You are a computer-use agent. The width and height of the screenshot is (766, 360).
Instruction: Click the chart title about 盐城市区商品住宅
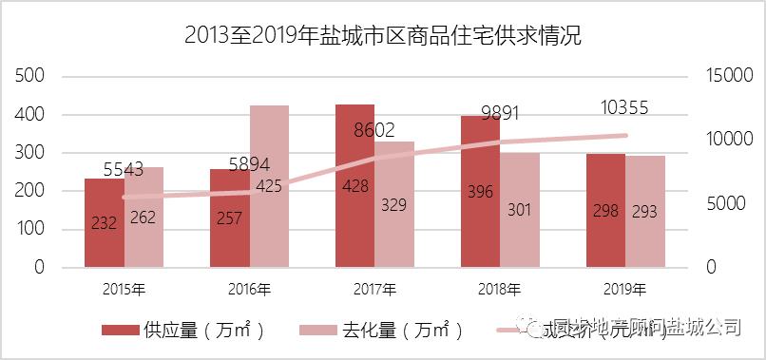point(382,37)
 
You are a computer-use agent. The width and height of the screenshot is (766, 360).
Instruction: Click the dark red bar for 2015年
point(104,223)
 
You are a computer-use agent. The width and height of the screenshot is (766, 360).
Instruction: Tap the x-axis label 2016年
point(249,288)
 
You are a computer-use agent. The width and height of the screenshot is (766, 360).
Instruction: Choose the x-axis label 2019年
point(624,288)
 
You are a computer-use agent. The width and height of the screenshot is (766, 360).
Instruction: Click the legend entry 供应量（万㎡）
point(185,330)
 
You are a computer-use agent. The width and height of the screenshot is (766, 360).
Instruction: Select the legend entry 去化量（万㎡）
point(384,330)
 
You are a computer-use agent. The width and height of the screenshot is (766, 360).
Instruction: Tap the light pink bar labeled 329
point(393,204)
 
